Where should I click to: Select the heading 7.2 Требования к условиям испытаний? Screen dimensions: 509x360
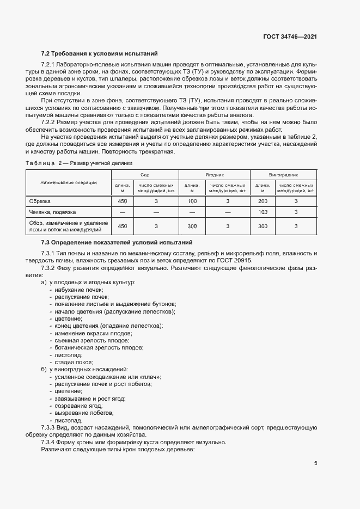pyautogui.click(x=99, y=54)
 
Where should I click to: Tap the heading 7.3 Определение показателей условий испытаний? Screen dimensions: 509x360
pyautogui.click(x=116, y=242)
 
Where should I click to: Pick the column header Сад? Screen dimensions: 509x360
pyautogui.click(x=144, y=174)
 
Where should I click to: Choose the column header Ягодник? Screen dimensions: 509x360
pyautogui.click(x=215, y=174)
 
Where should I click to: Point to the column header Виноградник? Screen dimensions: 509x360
pyautogui.click(x=284, y=174)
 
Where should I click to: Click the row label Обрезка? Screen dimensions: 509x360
pyautogui.click(x=40, y=201)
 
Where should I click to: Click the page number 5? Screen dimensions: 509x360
pyautogui.click(x=315, y=464)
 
